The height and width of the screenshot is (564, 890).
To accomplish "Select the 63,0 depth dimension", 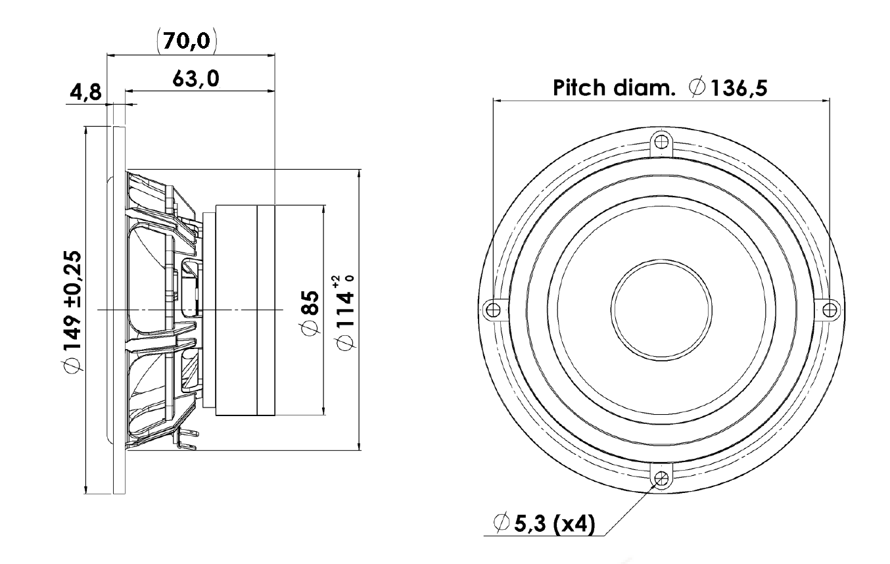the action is point(196,78).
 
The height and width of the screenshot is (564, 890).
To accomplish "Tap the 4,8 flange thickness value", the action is point(86,92).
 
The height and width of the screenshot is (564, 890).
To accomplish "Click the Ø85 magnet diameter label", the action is point(310,313).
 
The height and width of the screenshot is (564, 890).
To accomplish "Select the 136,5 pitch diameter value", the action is point(739,88).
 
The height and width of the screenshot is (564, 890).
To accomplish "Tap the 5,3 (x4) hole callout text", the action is point(555,523).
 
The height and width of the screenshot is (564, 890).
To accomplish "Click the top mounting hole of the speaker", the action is point(661,141).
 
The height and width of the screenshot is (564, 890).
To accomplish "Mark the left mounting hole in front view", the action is point(493,310).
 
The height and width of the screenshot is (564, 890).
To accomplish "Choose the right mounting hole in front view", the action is point(830,310).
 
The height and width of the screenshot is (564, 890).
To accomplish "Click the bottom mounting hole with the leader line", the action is point(661,478).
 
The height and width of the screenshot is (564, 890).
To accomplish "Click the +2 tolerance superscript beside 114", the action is point(337,281).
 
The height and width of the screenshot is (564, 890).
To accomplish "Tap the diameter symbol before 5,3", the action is point(502,522).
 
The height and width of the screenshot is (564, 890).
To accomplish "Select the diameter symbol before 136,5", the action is point(697,87).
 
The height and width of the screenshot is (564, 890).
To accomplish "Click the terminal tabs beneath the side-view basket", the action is point(187,439).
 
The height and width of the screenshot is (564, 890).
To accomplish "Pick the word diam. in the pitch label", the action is point(644,88).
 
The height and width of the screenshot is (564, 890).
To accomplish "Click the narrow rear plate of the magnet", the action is point(266,310).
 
